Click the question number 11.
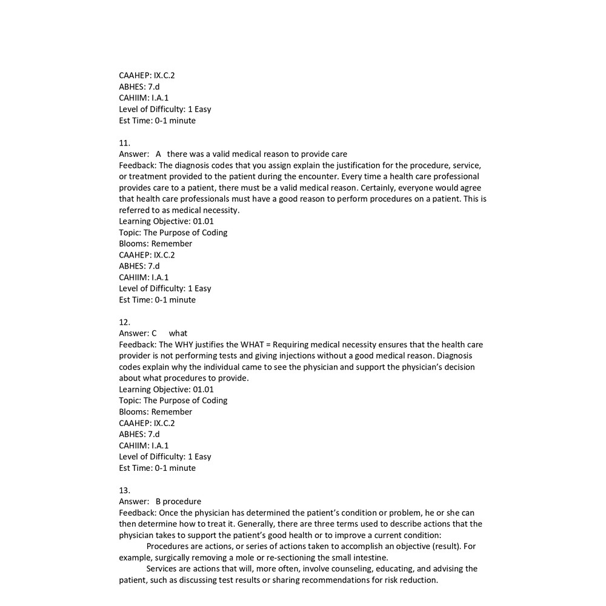(124, 143)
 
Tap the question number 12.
(124, 322)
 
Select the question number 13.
(124, 490)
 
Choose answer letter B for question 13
(159, 502)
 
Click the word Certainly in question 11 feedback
(379, 188)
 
